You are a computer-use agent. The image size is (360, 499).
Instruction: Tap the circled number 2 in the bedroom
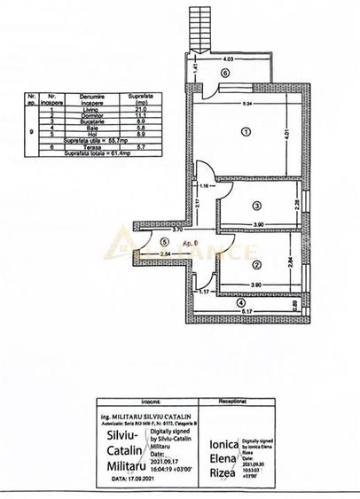tap(255, 264)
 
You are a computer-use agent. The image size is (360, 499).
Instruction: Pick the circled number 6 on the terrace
tap(225, 73)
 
